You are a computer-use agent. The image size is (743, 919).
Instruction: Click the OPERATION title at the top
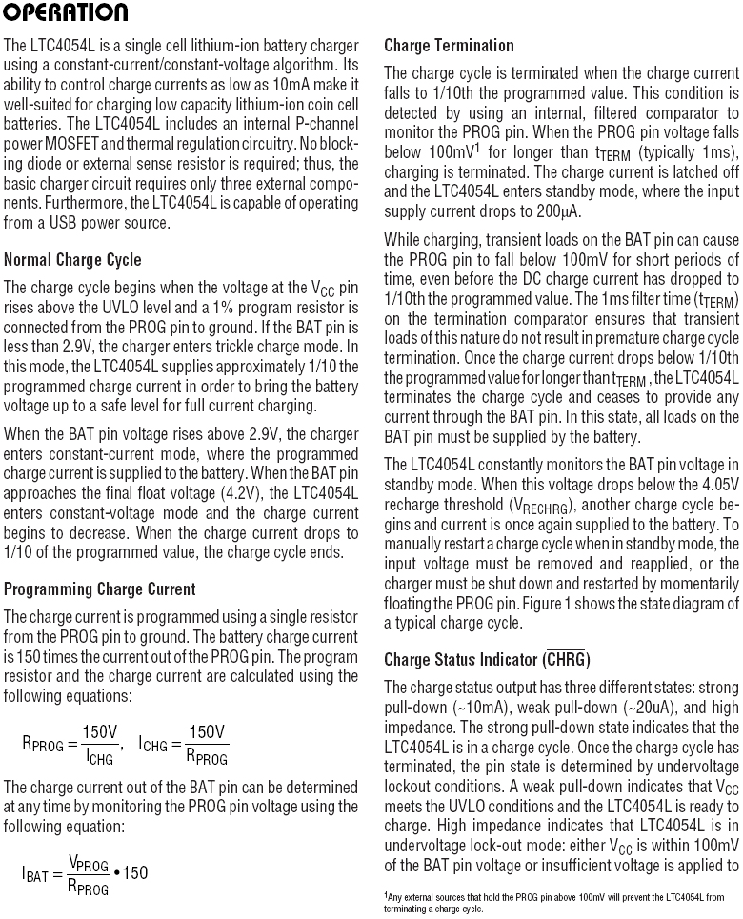[x=66, y=12]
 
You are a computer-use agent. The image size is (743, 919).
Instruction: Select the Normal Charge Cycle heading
[x=72, y=259]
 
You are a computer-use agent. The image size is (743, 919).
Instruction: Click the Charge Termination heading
[x=449, y=45]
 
